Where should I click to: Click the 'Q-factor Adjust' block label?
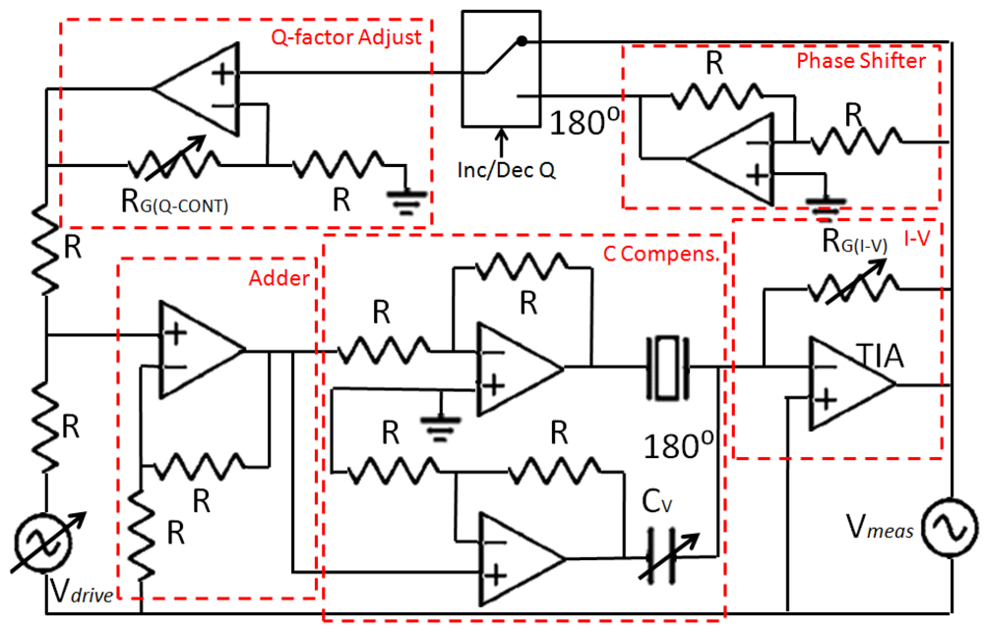(x=345, y=37)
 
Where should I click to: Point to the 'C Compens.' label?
(x=661, y=253)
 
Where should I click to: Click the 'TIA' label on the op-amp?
(x=876, y=355)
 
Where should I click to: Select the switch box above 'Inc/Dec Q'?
(x=501, y=70)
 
